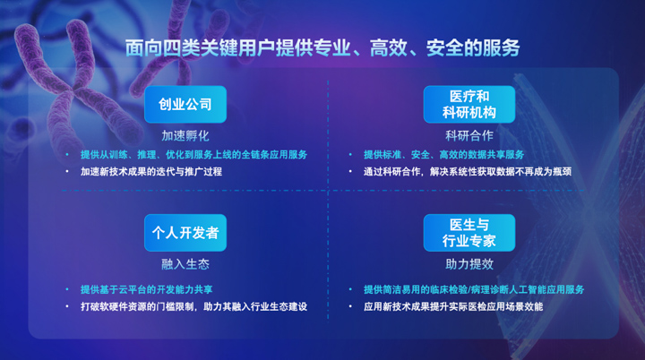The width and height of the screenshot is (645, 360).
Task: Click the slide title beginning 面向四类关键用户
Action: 322,47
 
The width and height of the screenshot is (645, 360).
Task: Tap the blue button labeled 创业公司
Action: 185,105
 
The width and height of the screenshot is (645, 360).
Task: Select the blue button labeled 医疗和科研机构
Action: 469,105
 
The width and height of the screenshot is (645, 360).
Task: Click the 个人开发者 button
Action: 185,233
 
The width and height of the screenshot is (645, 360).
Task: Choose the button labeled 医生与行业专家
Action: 469,233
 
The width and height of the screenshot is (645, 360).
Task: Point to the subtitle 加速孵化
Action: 185,136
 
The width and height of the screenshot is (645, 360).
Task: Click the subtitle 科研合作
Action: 469,136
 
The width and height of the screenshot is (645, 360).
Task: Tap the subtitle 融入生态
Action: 185,264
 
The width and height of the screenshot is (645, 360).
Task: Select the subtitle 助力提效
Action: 469,264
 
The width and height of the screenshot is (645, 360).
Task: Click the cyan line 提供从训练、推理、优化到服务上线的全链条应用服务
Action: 194,155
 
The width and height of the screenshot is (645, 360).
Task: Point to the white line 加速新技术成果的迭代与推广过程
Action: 151,172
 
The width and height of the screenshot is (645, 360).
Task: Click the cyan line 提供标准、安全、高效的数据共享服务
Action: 443,155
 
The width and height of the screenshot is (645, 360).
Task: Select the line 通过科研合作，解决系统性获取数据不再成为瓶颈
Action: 468,172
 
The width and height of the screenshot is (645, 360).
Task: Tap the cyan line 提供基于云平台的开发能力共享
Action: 146,289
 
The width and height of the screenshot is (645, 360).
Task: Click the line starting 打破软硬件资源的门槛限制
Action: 194,306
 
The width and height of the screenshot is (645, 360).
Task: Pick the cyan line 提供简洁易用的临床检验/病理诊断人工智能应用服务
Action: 474,289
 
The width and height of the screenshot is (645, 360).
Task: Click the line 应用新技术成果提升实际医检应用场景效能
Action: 453,306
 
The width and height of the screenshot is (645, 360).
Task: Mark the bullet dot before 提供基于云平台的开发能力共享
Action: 67,289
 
